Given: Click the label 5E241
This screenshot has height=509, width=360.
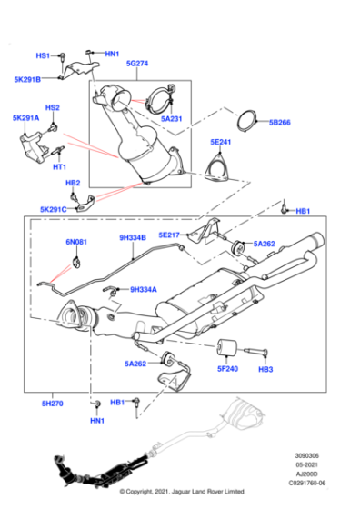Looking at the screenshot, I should click(222, 143).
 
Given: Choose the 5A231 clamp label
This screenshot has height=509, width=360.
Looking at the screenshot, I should click(173, 119).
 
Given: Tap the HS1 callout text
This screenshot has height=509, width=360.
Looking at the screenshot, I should click(43, 55).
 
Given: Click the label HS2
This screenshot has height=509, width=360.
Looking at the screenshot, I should click(53, 108).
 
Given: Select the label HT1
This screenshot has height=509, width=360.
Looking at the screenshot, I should click(60, 166).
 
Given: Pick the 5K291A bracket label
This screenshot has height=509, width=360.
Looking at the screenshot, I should click(25, 118).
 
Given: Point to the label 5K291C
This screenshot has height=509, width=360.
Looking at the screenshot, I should click(53, 209).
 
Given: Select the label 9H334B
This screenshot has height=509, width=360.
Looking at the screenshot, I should click(133, 238).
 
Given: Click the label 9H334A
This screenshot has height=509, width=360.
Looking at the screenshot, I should click(144, 289).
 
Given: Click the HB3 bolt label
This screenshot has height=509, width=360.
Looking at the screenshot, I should click(265, 370).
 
